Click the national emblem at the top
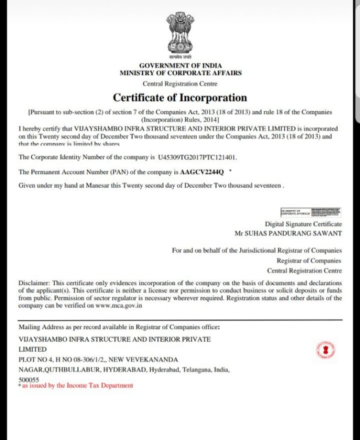click(180, 33)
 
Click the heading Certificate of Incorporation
click(180, 98)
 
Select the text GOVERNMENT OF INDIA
click(180, 65)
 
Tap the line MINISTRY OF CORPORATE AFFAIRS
click(181, 73)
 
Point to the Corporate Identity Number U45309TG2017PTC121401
click(197, 157)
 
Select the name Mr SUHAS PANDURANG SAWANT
click(288, 233)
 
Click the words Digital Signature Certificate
click(303, 224)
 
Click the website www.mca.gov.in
click(119, 305)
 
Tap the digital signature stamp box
click(310, 212)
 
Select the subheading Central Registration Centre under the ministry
click(180, 84)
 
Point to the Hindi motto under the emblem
click(180, 57)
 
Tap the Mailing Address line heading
click(119, 327)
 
